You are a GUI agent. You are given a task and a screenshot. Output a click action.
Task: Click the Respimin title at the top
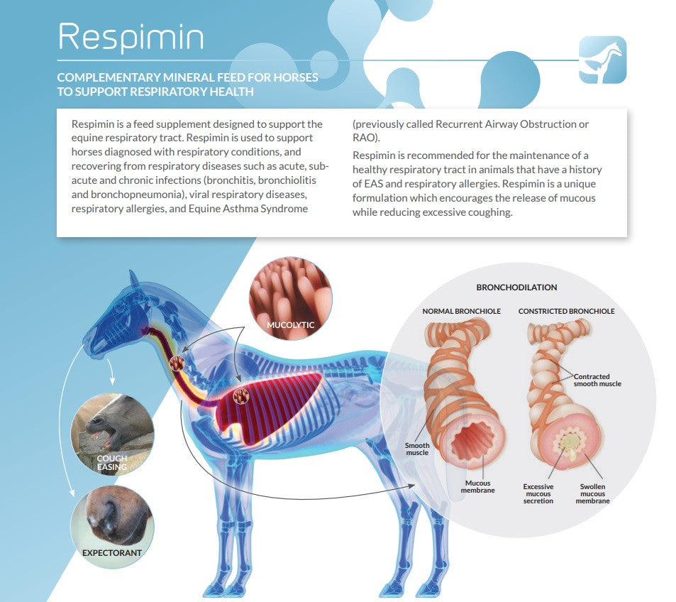[131, 36]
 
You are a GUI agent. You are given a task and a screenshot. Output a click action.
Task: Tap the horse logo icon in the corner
[602, 60]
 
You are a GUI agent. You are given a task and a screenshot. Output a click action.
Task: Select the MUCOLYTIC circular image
[290, 299]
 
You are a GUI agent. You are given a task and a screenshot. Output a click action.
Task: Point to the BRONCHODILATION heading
[516, 288]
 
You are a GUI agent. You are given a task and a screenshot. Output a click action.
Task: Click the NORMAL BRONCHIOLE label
[462, 311]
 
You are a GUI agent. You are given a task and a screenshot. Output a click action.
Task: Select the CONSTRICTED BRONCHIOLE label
[566, 311]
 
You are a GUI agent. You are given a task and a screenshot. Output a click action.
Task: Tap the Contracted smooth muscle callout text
[597, 380]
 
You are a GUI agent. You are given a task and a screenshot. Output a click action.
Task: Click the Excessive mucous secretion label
[538, 493]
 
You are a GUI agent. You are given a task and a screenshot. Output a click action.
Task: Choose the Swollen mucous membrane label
[592, 493]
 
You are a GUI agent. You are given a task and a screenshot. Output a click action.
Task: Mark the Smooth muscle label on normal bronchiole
[417, 449]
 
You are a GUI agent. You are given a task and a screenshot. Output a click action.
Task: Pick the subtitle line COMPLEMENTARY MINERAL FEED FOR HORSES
[187, 77]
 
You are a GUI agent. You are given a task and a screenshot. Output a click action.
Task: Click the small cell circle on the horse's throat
[177, 363]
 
